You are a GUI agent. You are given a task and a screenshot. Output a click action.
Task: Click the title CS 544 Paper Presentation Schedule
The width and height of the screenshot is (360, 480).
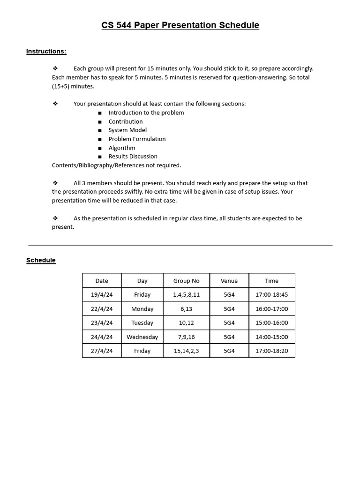click(180, 25)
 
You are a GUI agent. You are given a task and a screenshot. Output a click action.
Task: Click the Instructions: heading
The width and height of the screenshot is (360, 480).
click(46, 51)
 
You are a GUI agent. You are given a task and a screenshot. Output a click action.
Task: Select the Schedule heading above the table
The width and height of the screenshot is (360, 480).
click(41, 260)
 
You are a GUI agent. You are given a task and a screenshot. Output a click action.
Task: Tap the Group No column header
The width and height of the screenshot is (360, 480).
click(186, 281)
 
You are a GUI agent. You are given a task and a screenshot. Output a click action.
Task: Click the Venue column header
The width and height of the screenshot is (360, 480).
click(229, 281)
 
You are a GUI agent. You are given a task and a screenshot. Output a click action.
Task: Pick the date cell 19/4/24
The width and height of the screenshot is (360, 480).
click(102, 295)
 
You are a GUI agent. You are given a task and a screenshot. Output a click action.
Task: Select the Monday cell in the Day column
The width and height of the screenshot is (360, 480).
click(142, 309)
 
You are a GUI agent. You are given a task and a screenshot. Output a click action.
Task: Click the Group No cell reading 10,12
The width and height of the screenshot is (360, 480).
click(186, 322)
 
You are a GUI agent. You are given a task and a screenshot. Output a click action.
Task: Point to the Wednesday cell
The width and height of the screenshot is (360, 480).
click(142, 337)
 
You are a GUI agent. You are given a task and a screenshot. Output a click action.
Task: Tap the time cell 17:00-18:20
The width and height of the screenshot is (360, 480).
click(272, 351)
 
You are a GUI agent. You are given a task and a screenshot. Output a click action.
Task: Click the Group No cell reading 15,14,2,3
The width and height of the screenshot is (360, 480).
click(186, 351)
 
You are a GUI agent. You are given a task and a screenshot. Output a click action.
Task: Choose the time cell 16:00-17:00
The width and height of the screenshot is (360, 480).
click(272, 309)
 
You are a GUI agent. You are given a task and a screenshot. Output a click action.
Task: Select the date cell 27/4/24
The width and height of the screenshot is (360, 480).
click(102, 351)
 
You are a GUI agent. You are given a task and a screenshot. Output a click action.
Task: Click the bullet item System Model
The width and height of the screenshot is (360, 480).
click(127, 130)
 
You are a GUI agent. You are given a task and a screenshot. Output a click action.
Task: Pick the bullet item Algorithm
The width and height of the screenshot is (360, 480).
click(122, 148)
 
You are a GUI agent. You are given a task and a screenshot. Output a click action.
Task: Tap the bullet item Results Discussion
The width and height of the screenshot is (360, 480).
click(133, 157)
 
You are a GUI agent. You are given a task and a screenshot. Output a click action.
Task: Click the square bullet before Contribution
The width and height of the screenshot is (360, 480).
click(100, 122)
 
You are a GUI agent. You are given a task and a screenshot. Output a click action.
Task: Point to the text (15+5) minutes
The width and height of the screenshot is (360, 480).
click(73, 86)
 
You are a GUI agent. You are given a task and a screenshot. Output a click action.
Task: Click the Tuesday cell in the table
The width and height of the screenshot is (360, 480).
click(142, 322)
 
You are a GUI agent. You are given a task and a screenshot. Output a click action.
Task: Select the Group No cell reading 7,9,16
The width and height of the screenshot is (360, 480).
click(186, 337)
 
